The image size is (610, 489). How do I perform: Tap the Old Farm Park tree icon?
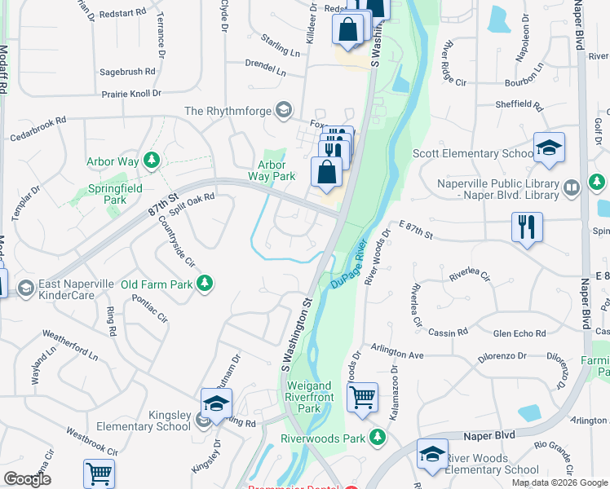(x=207, y=283)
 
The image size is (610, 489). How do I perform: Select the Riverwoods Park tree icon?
(x=377, y=437)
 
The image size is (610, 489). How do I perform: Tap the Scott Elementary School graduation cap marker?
(x=550, y=147)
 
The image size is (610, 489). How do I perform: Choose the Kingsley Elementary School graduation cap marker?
(x=217, y=403)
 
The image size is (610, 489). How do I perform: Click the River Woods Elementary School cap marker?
(x=432, y=455)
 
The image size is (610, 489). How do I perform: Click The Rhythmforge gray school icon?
(x=284, y=110)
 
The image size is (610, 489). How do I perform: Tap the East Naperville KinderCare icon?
(x=25, y=288)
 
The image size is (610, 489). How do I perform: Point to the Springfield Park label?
(x=115, y=193)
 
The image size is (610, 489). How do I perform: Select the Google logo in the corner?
(x=27, y=478)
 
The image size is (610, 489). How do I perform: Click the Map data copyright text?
(x=559, y=482)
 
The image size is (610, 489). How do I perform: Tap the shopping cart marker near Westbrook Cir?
(x=99, y=474)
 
